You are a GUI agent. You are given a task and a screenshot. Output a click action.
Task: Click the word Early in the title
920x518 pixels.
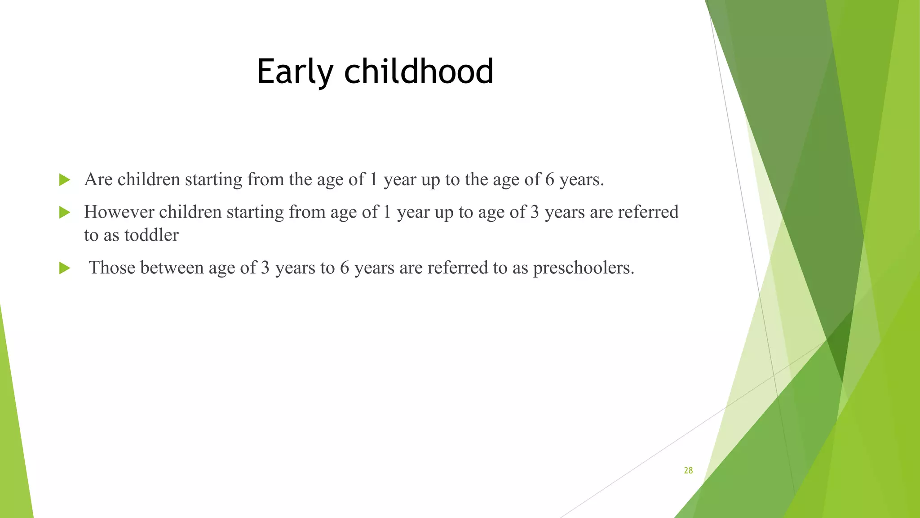pyautogui.click(x=295, y=72)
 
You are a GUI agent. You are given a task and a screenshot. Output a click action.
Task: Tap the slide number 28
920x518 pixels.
pyautogui.click(x=688, y=470)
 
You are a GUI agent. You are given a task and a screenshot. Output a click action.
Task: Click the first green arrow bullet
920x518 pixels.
pyautogui.click(x=65, y=180)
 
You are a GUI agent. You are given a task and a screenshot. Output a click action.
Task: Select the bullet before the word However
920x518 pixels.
pyautogui.click(x=65, y=213)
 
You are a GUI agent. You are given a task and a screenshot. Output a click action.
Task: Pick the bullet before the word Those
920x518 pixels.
pyautogui.click(x=65, y=268)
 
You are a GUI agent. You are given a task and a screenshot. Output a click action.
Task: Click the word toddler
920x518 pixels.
pyautogui.click(x=151, y=235)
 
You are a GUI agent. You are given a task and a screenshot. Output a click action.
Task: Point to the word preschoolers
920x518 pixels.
pyautogui.click(x=583, y=268)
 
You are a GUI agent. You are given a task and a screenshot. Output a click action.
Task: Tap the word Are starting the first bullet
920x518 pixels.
pyautogui.click(x=98, y=180)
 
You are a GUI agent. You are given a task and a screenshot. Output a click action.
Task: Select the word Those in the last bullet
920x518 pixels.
pyautogui.click(x=112, y=268)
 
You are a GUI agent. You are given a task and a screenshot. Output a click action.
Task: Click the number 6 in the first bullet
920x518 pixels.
pyautogui.click(x=549, y=180)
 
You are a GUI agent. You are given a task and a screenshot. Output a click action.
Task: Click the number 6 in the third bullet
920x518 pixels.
pyautogui.click(x=344, y=268)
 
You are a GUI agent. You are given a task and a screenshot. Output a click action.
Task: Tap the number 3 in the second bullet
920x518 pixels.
pyautogui.click(x=534, y=212)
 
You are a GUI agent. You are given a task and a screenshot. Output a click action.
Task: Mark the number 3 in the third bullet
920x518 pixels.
pyautogui.click(x=265, y=268)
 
